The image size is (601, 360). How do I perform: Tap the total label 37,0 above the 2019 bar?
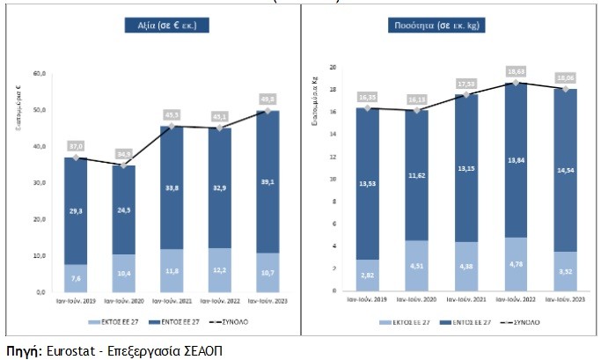coord(76,146)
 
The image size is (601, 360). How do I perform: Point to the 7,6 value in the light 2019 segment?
coord(76,278)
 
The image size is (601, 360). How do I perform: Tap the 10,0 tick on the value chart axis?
coord(39,255)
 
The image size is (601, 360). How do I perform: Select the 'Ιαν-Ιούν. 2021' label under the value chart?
coord(172,301)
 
